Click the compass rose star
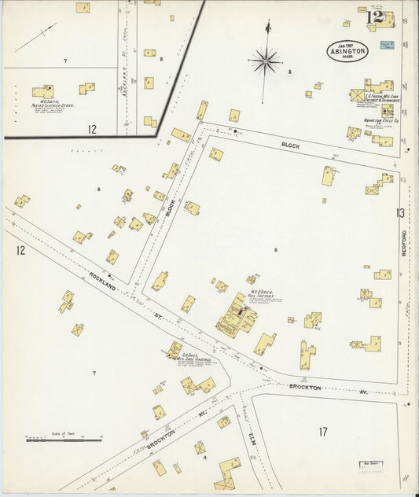click(266, 60)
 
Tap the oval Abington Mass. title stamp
click(347, 50)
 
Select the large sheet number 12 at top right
click(374, 17)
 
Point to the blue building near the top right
click(386, 46)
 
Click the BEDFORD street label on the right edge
click(404, 246)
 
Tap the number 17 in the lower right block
click(323, 431)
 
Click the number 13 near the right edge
click(400, 212)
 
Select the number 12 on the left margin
click(20, 250)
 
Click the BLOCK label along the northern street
click(291, 145)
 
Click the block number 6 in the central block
click(276, 249)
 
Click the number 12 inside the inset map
click(92, 129)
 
